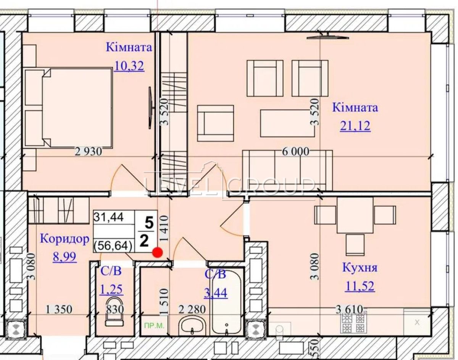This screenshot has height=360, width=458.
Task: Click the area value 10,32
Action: pos(129,66)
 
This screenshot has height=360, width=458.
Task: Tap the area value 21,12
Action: pos(355,126)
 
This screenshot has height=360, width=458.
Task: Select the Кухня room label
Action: pos(360,267)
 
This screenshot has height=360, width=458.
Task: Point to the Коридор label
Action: pos(65,239)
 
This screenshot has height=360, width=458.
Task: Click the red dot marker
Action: pos(158,252)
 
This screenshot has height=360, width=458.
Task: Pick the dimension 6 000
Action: pos(295,152)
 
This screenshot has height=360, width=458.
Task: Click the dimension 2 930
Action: pos(88,152)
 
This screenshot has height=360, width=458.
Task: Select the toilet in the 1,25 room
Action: pos(114,312)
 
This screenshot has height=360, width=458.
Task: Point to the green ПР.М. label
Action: pos(154,326)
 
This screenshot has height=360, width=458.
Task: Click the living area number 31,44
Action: pos(108,217)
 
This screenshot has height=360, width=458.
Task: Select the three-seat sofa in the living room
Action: pos(287,170)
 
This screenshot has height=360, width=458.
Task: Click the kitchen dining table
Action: pos(355,215)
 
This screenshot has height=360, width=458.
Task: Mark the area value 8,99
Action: pos(65,257)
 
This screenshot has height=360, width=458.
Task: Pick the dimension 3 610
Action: pos(349,309)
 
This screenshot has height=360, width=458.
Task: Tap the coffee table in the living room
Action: pos(287,123)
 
